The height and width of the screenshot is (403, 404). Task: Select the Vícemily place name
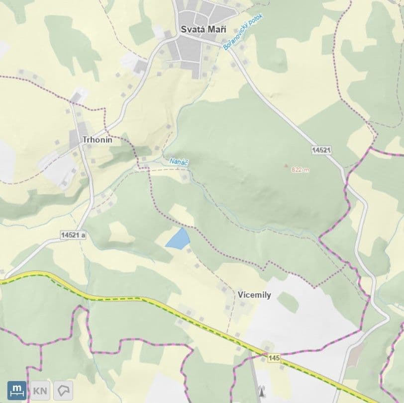coord(254,295)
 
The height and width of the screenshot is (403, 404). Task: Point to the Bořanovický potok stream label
coord(243,31)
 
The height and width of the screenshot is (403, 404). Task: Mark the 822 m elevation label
coord(300,169)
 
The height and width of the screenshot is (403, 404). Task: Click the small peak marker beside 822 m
coord(286,166)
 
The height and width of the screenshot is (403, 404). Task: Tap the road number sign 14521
coord(322,149)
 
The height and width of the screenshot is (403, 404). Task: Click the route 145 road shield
coord(274,358)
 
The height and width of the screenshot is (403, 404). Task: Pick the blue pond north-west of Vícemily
coord(178,239)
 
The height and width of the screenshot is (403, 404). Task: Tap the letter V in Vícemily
coord(240,295)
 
